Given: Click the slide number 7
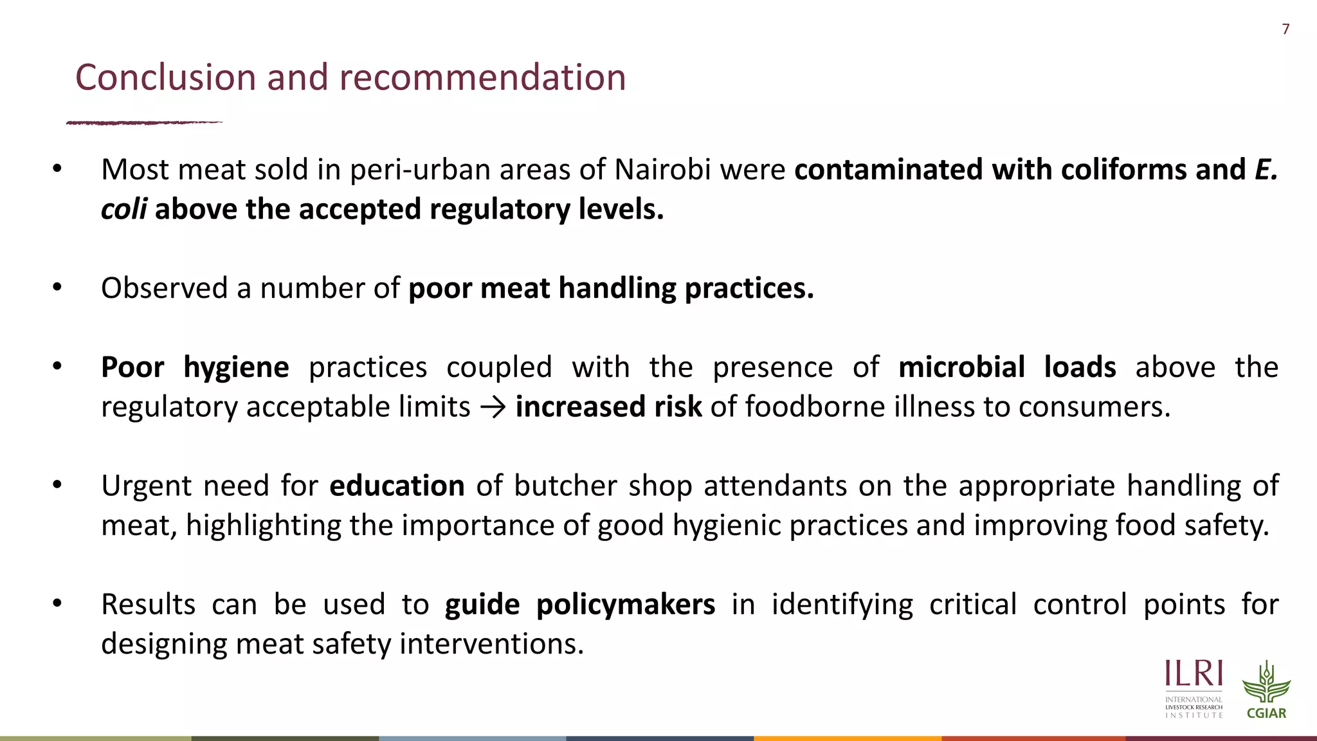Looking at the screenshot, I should pyautogui.click(x=1285, y=29).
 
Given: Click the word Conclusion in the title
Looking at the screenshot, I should pyautogui.click(x=165, y=77).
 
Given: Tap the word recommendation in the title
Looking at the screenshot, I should pyautogui.click(x=482, y=77).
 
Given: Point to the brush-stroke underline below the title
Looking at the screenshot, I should pyautogui.click(x=144, y=122).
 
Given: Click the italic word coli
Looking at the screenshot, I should pyautogui.click(x=123, y=209).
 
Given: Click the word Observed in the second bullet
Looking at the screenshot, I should pyautogui.click(x=164, y=288).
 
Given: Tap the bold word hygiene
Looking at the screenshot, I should pyautogui.click(x=236, y=367).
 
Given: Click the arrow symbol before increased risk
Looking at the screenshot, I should pyautogui.click(x=493, y=407).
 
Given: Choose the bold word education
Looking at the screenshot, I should pyautogui.click(x=397, y=486).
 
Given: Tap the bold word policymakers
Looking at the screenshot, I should pyautogui.click(x=625, y=605).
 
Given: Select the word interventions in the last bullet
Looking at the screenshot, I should pyautogui.click(x=491, y=644).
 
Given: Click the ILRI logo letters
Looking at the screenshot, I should pyautogui.click(x=1194, y=675).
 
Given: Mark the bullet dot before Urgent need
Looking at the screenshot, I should pyautogui.click(x=57, y=485).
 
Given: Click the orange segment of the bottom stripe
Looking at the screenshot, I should pyautogui.click(x=848, y=738).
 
